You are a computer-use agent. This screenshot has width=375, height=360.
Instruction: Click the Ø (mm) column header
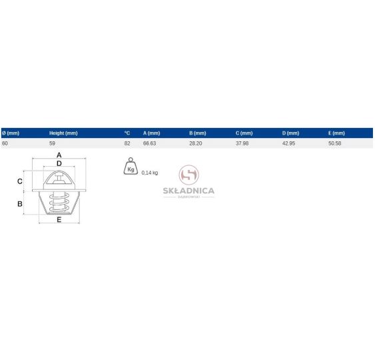[x=11, y=133]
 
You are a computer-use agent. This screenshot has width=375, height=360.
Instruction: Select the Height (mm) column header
[x=63, y=133]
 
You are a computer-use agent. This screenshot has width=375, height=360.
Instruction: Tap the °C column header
[x=127, y=133]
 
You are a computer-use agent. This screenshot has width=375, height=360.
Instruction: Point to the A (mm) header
[x=152, y=133]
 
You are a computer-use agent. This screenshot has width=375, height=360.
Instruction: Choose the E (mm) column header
[x=336, y=133]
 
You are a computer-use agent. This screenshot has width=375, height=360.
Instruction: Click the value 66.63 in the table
[x=149, y=143]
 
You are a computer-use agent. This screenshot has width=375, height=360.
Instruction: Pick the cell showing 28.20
[x=196, y=143]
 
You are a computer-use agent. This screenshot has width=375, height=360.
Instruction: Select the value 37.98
[x=242, y=143]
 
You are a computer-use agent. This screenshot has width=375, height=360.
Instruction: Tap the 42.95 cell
[x=288, y=143]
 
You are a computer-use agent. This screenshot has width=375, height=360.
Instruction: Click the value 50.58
[x=335, y=143]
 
